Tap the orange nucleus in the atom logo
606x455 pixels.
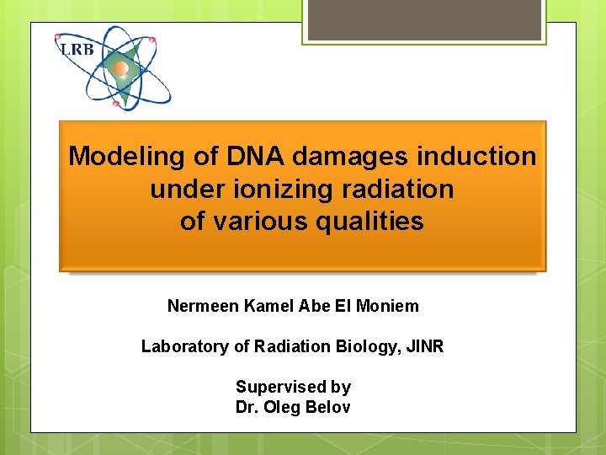[121, 68]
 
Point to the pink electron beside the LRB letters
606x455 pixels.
[58, 37]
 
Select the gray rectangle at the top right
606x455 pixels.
[423, 19]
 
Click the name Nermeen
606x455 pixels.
[203, 306]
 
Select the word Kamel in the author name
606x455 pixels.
[266, 306]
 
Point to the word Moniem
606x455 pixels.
[388, 306]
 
